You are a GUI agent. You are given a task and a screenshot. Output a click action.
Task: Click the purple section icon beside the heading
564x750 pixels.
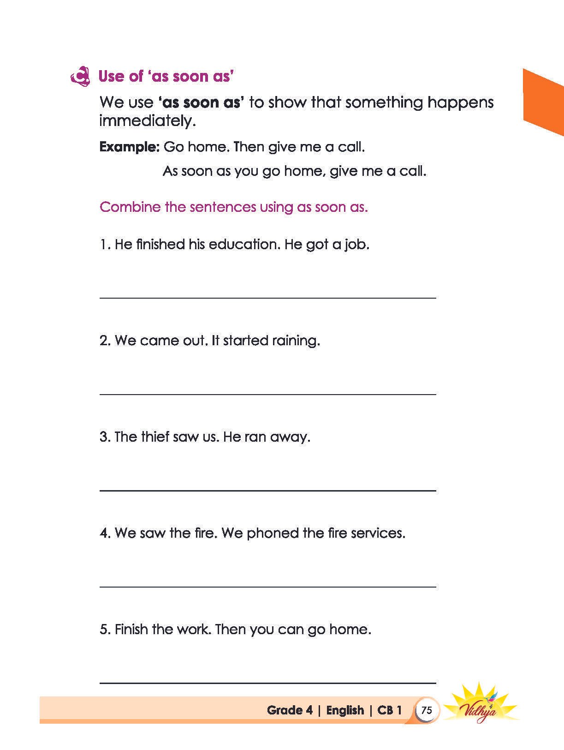pyautogui.click(x=80, y=77)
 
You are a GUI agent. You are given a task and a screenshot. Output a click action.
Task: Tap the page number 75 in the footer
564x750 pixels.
pyautogui.click(x=427, y=710)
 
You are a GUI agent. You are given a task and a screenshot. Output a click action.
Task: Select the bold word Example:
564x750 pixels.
pyautogui.click(x=129, y=147)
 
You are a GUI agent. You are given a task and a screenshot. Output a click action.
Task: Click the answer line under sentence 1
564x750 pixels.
pyautogui.click(x=267, y=298)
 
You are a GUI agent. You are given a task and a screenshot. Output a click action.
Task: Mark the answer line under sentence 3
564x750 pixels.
pyautogui.click(x=267, y=490)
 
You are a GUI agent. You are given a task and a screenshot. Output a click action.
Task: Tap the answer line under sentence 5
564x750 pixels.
pyautogui.click(x=267, y=682)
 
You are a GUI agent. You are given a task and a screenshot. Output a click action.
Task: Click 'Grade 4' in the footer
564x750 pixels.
pyautogui.click(x=290, y=710)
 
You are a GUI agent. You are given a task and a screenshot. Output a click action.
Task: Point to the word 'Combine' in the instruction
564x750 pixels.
pyautogui.click(x=130, y=207)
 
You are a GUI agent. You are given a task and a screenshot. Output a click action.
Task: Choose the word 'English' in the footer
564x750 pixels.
pyautogui.click(x=345, y=710)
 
